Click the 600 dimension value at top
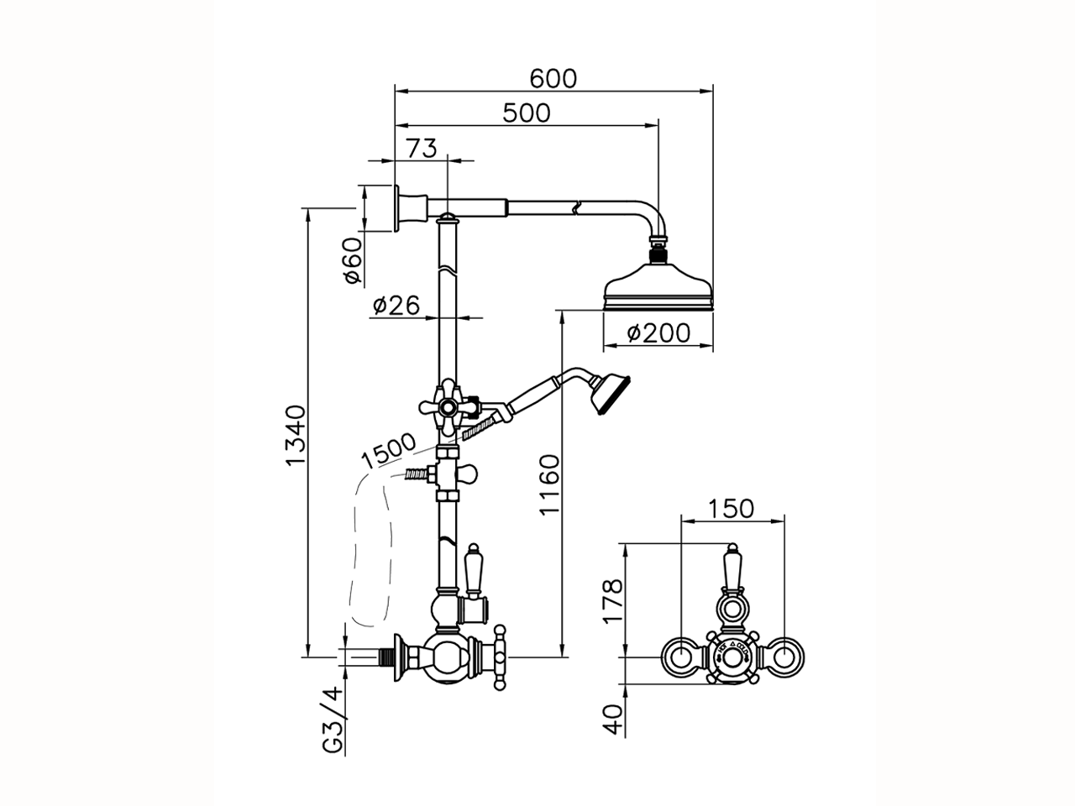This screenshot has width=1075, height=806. [553, 77]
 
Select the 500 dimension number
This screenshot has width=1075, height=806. [526, 113]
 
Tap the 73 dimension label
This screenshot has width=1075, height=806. [422, 148]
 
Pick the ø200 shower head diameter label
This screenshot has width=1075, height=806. [658, 333]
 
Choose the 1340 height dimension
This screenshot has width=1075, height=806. [295, 435]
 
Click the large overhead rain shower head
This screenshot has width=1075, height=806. [658, 288]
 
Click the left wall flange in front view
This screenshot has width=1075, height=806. [679, 657]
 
